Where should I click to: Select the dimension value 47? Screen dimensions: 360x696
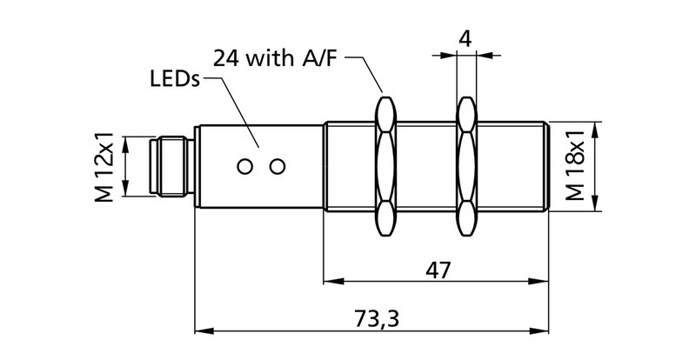pyautogui.click(x=438, y=270)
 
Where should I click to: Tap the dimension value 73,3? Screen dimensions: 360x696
pyautogui.click(x=377, y=318)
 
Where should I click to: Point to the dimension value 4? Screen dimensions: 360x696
pyautogui.click(x=465, y=38)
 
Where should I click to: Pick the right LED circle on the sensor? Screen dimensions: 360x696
pyautogui.click(x=278, y=165)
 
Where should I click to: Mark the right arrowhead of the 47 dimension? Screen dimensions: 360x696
pyautogui.click(x=543, y=282)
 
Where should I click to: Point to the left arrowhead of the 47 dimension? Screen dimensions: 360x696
pyautogui.click(x=331, y=282)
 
